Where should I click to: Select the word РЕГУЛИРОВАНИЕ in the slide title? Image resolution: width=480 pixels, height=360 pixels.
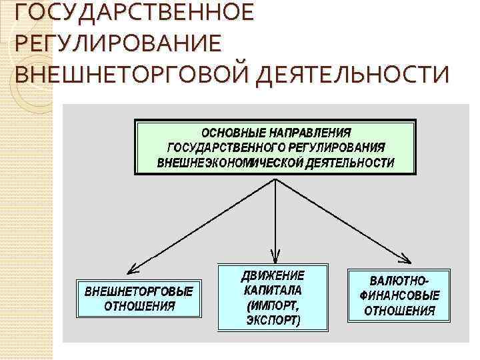[115, 43]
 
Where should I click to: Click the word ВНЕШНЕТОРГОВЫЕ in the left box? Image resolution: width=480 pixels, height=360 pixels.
[139, 291]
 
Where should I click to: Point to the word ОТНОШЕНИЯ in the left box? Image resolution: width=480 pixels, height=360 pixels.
[139, 307]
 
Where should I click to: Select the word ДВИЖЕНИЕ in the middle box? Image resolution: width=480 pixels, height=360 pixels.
[273, 275]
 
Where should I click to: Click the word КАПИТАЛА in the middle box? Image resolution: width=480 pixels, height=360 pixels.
[273, 290]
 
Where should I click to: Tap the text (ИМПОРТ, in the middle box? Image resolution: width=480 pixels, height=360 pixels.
[273, 305]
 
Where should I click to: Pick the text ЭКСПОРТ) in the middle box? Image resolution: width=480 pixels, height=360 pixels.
[273, 320]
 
